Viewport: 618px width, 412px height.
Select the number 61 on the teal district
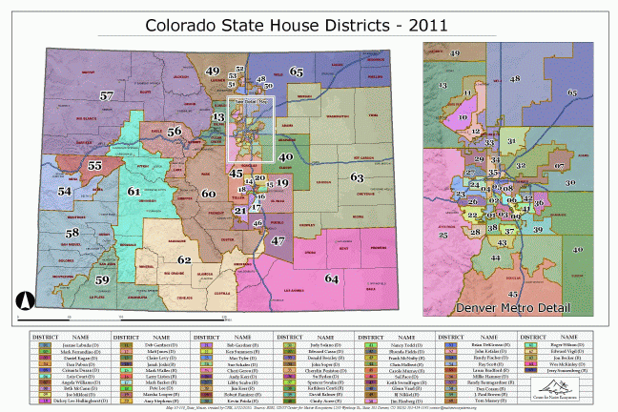tap(134, 192)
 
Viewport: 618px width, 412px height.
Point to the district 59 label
tap(102, 278)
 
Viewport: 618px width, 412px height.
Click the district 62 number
tap(185, 258)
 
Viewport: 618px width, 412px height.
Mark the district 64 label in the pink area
tap(331, 278)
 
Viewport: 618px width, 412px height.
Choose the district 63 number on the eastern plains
tap(357, 177)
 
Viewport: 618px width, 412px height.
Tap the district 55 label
tap(94, 165)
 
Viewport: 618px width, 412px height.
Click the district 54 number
tap(64, 191)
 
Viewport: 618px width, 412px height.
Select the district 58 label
tap(72, 232)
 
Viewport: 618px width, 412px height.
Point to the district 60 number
tap(209, 194)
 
